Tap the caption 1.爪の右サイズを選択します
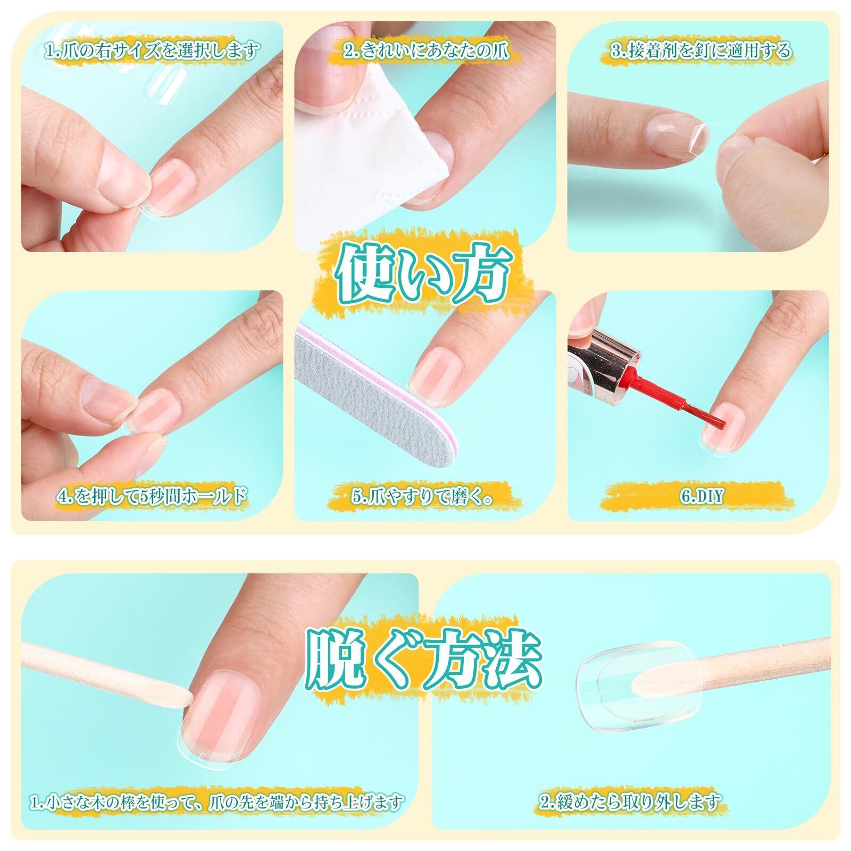[152, 51]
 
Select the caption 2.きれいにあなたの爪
[426, 51]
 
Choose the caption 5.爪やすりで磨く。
[423, 497]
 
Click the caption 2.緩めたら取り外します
[631, 786]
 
